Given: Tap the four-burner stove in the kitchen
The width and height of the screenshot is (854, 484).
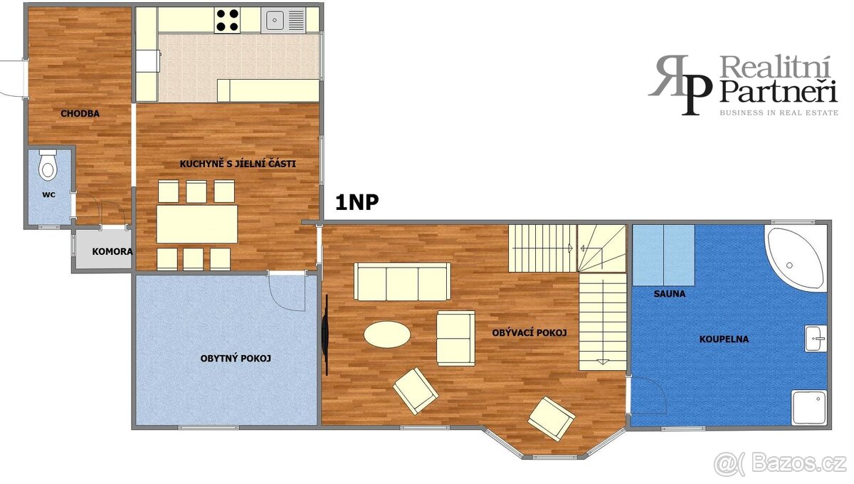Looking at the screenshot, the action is click(227, 20).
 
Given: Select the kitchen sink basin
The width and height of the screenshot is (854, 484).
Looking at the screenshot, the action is click(275, 20).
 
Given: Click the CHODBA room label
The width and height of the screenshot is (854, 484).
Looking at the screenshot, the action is click(80, 113).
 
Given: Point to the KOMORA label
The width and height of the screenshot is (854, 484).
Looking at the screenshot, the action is click(112, 252).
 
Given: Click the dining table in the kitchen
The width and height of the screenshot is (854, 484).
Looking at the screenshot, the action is click(197, 224).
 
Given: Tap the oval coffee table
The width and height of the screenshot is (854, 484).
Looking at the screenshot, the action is click(387, 335).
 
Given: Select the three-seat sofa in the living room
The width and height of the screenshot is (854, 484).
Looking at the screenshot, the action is click(402, 281).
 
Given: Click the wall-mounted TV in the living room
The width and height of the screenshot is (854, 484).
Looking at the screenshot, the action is click(325, 335).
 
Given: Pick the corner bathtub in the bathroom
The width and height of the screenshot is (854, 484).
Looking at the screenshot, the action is click(795, 258).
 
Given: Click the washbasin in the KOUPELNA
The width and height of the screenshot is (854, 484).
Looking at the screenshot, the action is click(816, 338).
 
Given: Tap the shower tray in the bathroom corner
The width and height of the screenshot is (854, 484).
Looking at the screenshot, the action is click(809, 407).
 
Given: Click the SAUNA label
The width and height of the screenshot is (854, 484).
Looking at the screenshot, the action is click(670, 294).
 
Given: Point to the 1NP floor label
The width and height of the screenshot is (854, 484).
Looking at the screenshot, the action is click(357, 202).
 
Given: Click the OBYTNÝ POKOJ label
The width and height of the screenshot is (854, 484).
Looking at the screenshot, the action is click(236, 359).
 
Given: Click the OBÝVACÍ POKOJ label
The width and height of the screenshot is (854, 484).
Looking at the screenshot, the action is click(529, 333).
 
